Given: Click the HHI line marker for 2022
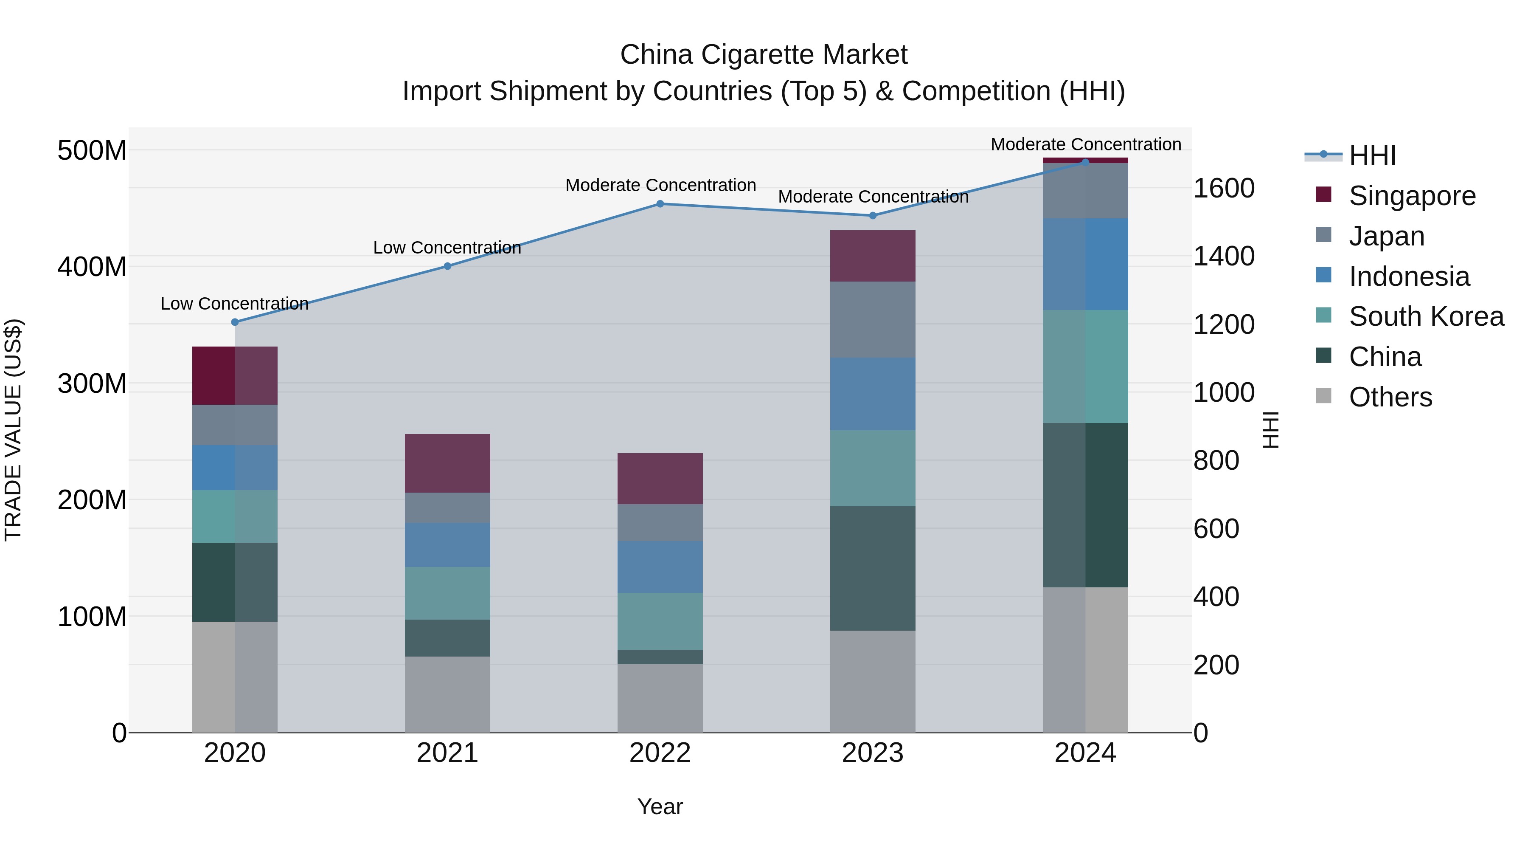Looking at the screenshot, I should coord(660,204).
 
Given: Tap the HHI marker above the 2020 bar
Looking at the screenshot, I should coord(235,322).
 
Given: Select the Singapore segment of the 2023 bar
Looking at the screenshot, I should coord(873,256).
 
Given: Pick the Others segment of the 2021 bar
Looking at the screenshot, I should coord(447,694).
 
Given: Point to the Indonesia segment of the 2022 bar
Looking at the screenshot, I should coord(660,567).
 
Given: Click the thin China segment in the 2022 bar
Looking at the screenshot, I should coord(660,657).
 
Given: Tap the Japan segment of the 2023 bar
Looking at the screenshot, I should coord(873,319).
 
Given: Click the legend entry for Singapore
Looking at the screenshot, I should coord(1412,196).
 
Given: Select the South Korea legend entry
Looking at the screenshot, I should coord(1426,316).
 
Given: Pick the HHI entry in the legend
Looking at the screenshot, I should coord(1372,155).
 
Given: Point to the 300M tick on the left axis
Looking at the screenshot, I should coord(92,383).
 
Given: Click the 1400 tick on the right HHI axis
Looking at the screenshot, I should coord(1224,257).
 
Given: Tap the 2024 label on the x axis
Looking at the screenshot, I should coord(1085,753).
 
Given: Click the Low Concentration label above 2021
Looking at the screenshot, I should coord(447,248).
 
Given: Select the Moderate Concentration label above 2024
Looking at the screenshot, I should coord(1085,144).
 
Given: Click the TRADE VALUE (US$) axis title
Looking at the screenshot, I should coord(13,430).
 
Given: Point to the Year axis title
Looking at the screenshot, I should coord(660,806).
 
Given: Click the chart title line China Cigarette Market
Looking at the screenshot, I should coord(764,55).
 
